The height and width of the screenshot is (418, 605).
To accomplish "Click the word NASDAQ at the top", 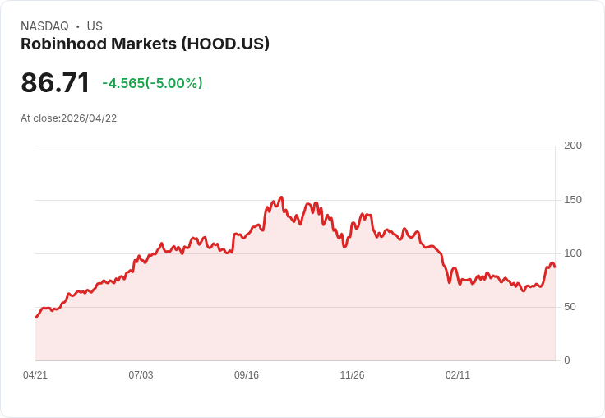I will [44, 26].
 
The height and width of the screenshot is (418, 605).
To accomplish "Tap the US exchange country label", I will [95, 26].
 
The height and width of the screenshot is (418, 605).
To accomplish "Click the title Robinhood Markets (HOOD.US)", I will [145, 44].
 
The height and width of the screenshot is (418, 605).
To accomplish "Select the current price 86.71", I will [55, 83].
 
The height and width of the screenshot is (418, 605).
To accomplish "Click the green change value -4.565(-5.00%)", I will [152, 83].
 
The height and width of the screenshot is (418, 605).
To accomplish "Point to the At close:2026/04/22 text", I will [69, 118].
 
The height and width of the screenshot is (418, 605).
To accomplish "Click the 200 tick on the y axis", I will [573, 146].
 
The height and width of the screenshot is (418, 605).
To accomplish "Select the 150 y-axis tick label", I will [573, 200].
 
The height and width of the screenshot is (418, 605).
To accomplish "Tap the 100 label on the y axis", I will [573, 253].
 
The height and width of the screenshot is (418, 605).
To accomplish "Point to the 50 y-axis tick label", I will [570, 307].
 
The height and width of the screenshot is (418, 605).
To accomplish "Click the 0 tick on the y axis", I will [567, 360].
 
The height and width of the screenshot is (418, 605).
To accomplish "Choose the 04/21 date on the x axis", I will [35, 375].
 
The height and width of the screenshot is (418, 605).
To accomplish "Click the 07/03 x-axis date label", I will [141, 375].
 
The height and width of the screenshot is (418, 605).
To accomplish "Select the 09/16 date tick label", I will [247, 375].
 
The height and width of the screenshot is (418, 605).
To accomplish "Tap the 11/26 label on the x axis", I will [352, 375].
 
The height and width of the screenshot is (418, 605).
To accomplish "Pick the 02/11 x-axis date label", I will [458, 375].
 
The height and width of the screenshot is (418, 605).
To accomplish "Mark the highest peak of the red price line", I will [281, 197].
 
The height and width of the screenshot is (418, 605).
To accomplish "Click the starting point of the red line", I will [35, 318].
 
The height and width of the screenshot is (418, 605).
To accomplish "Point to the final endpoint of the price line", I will [555, 267].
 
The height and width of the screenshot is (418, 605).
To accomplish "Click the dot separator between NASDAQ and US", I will [78, 26].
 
